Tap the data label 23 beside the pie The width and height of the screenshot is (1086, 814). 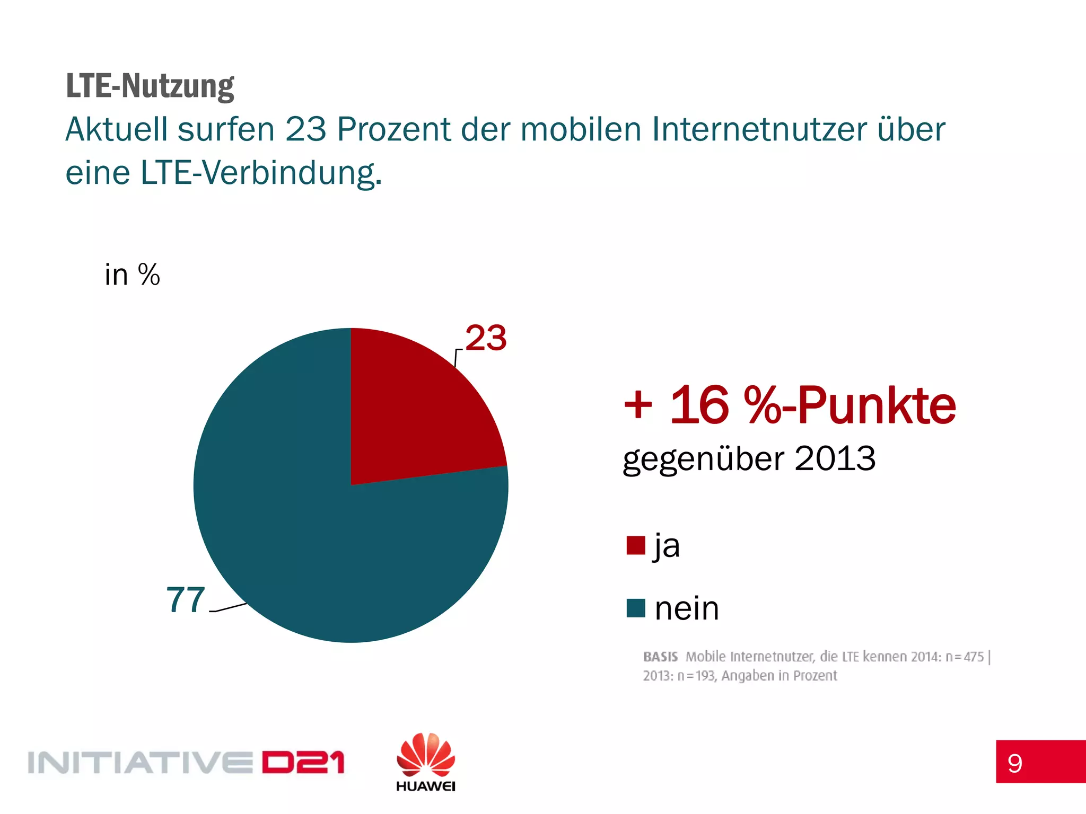point(486,338)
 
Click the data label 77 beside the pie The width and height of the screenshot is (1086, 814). point(186,600)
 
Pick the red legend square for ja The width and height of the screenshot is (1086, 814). point(635,545)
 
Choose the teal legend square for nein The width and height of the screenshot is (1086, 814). point(635,608)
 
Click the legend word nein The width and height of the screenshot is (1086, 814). point(687,608)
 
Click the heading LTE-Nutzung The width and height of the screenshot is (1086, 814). point(150,86)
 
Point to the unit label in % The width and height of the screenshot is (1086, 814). point(132,275)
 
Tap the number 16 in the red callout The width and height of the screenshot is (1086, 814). point(699,405)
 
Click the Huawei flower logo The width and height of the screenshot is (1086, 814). point(425,755)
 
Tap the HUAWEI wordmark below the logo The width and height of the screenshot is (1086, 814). point(425,786)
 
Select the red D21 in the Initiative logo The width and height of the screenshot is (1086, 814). point(303,763)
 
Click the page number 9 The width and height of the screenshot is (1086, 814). point(1014,763)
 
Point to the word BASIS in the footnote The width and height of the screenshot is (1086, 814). point(660,657)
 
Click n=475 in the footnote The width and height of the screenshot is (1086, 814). point(965,657)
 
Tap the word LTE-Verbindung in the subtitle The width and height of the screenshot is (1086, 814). point(260,173)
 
